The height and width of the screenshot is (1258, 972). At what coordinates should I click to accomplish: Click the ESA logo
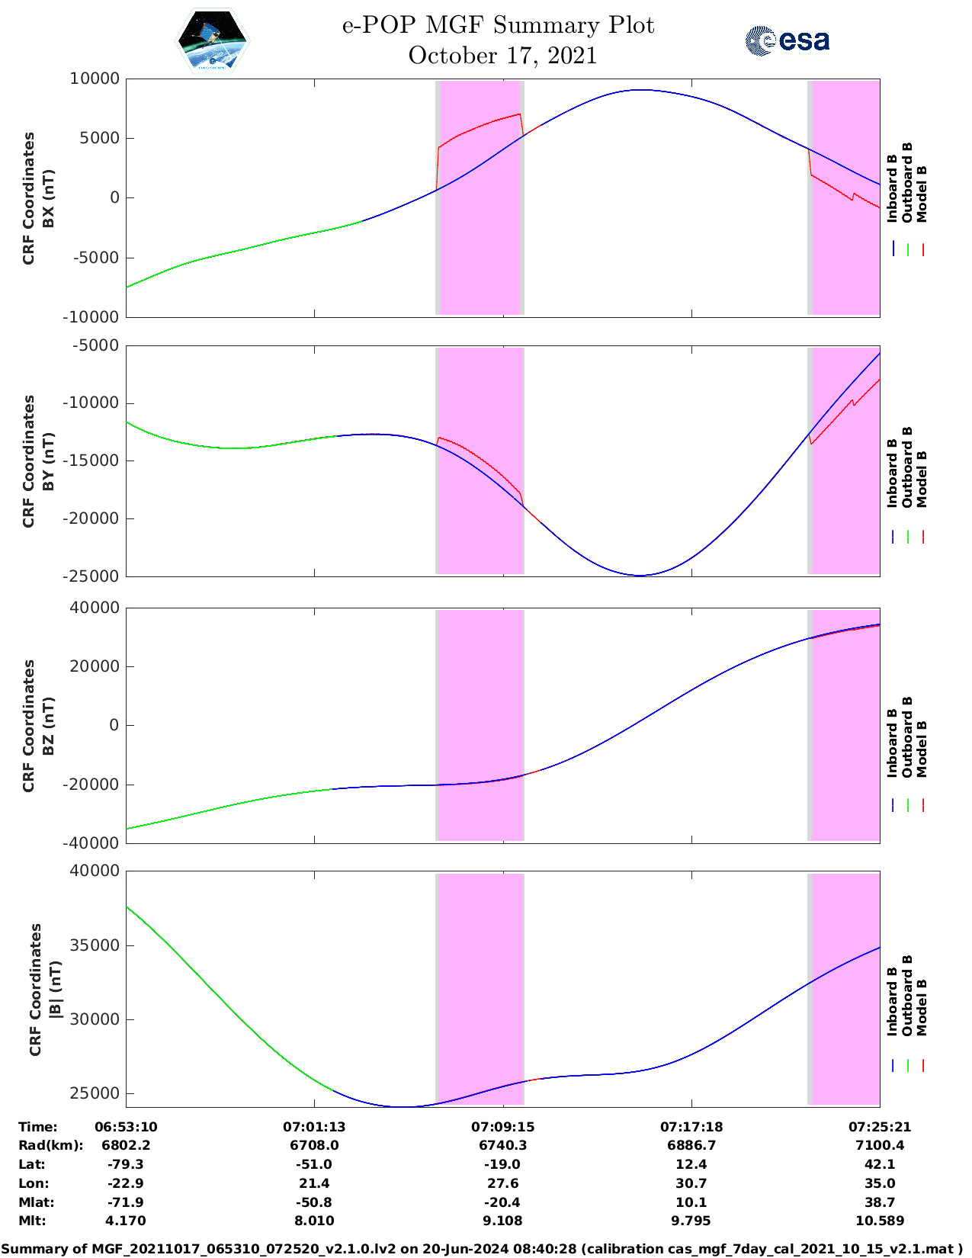point(787,40)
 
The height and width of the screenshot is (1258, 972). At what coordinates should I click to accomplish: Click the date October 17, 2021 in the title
point(502,56)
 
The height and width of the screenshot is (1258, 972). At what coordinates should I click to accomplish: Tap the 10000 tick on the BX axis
point(95,79)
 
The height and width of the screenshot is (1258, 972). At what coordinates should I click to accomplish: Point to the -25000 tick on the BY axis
point(91,576)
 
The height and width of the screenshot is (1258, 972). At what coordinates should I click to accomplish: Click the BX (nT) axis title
point(48,198)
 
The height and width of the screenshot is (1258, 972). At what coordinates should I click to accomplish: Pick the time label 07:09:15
point(502,1127)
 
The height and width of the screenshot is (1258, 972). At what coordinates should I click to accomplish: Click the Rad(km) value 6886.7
point(691,1145)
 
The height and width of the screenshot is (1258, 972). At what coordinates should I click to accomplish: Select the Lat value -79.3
point(126,1164)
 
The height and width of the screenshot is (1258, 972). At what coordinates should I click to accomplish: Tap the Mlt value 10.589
point(880,1221)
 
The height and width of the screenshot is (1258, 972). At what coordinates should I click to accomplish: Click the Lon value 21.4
point(314,1183)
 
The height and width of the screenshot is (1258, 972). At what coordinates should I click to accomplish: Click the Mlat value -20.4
point(502,1202)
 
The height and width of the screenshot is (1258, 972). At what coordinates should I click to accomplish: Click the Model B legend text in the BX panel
point(922,194)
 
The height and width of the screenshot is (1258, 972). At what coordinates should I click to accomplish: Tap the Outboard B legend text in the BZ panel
point(907,737)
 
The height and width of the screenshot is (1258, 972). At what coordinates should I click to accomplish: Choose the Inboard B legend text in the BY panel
point(893,473)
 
